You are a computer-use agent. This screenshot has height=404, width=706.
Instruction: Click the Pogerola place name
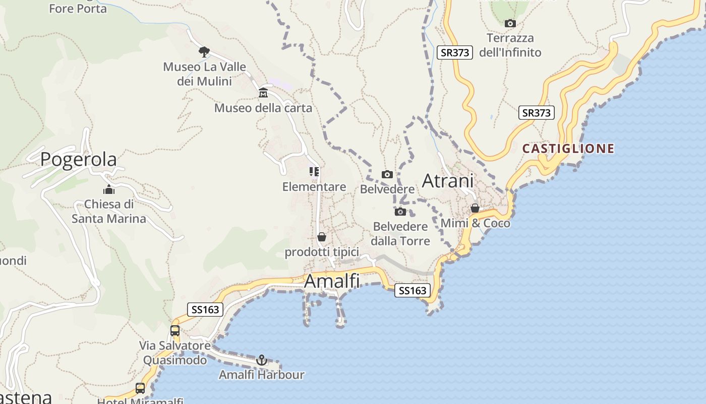point(78,159)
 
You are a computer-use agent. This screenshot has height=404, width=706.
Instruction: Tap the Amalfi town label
point(332,281)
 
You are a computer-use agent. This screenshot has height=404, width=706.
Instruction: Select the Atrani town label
point(448,181)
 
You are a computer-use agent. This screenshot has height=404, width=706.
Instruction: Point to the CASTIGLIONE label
point(568,148)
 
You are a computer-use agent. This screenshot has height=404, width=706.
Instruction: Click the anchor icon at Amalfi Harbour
point(261,360)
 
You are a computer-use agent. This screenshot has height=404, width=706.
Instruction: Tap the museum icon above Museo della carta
point(263,93)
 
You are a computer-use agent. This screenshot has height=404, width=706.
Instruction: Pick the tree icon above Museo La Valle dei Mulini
point(204,52)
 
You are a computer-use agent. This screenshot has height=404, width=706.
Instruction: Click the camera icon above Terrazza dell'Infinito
point(510,23)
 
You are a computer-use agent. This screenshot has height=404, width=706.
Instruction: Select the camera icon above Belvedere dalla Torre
point(400,212)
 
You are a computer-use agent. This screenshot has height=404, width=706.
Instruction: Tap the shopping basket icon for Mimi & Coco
point(475,208)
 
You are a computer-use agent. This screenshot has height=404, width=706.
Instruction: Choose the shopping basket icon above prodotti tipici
point(322,237)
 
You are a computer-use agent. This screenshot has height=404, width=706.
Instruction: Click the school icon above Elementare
point(314,172)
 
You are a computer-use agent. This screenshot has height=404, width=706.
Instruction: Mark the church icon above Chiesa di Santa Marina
point(108,190)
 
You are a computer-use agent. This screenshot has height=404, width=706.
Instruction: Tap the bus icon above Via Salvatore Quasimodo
point(175,331)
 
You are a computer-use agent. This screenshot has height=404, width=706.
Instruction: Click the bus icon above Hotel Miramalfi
point(140,388)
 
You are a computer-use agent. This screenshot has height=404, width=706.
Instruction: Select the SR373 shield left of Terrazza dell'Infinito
point(454,53)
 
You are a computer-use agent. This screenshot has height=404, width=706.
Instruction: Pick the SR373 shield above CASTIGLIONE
point(536,113)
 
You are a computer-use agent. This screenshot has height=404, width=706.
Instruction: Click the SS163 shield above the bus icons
point(205,310)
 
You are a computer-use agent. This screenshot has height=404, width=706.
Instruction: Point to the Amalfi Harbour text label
point(261,375)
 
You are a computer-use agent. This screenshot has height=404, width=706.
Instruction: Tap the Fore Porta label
point(78,9)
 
